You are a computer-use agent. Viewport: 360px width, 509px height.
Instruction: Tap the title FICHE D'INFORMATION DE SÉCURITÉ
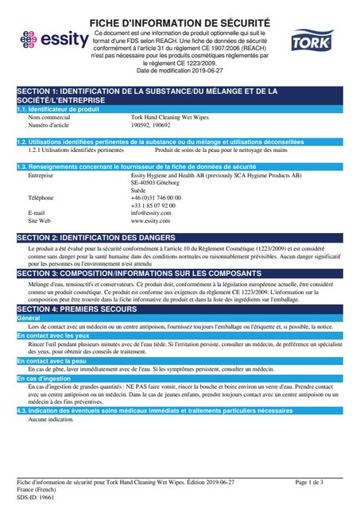(x=180, y=21)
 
